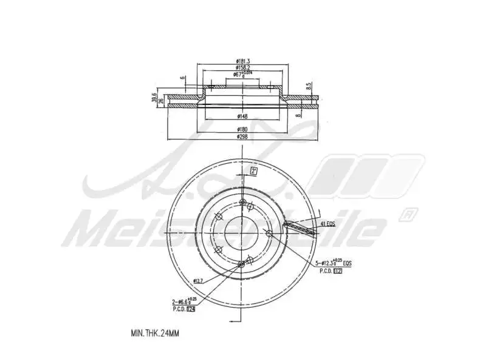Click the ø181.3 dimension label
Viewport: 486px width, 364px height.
pos(243,61)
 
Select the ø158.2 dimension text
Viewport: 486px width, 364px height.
pos(243,68)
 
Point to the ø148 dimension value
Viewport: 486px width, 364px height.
pos(243,116)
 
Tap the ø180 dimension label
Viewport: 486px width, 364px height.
pos(243,130)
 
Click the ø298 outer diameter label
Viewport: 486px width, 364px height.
pos(243,137)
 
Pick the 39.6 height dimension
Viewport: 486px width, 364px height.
pos(154,98)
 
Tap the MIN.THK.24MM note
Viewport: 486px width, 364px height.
pos(155,333)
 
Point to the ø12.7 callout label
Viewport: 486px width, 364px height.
pos(199,280)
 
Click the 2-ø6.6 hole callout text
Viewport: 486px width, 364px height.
pos(184,302)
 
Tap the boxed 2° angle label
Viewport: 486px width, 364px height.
pos(253,171)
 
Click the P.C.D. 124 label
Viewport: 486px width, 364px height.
pos(184,309)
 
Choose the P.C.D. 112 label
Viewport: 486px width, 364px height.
pos(331,271)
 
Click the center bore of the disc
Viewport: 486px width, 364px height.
pos(242,233)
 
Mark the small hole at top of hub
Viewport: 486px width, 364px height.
pos(242,203)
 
